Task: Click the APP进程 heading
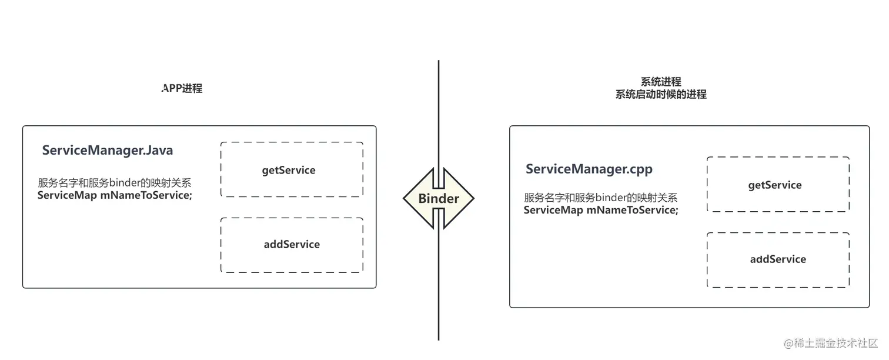pyautogui.click(x=182, y=89)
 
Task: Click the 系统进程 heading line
pyautogui.click(x=660, y=82)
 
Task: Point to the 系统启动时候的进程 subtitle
pyautogui.click(x=660, y=94)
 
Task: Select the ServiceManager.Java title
pyautogui.click(x=108, y=150)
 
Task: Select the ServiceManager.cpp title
pyautogui.click(x=589, y=169)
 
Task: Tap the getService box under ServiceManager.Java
pyautogui.click(x=292, y=170)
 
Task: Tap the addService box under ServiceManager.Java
pyautogui.click(x=292, y=245)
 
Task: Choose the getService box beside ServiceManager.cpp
pyautogui.click(x=778, y=185)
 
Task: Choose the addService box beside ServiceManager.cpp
pyautogui.click(x=778, y=259)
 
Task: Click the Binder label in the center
pyautogui.click(x=439, y=199)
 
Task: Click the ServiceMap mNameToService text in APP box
pyautogui.click(x=115, y=195)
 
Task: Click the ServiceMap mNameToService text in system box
pyautogui.click(x=601, y=210)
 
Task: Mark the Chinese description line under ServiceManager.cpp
pyautogui.click(x=600, y=198)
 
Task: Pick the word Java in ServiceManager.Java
pyautogui.click(x=160, y=150)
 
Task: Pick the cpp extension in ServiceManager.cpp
pyautogui.click(x=640, y=169)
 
